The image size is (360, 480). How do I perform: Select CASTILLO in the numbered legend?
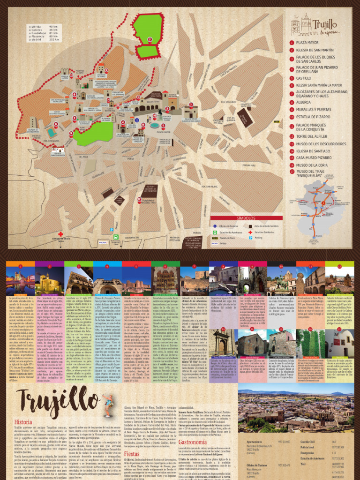[x=305, y=79]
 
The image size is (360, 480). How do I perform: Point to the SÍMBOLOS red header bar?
[x=246, y=218]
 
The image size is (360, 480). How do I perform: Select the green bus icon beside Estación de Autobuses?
[x=214, y=232]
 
